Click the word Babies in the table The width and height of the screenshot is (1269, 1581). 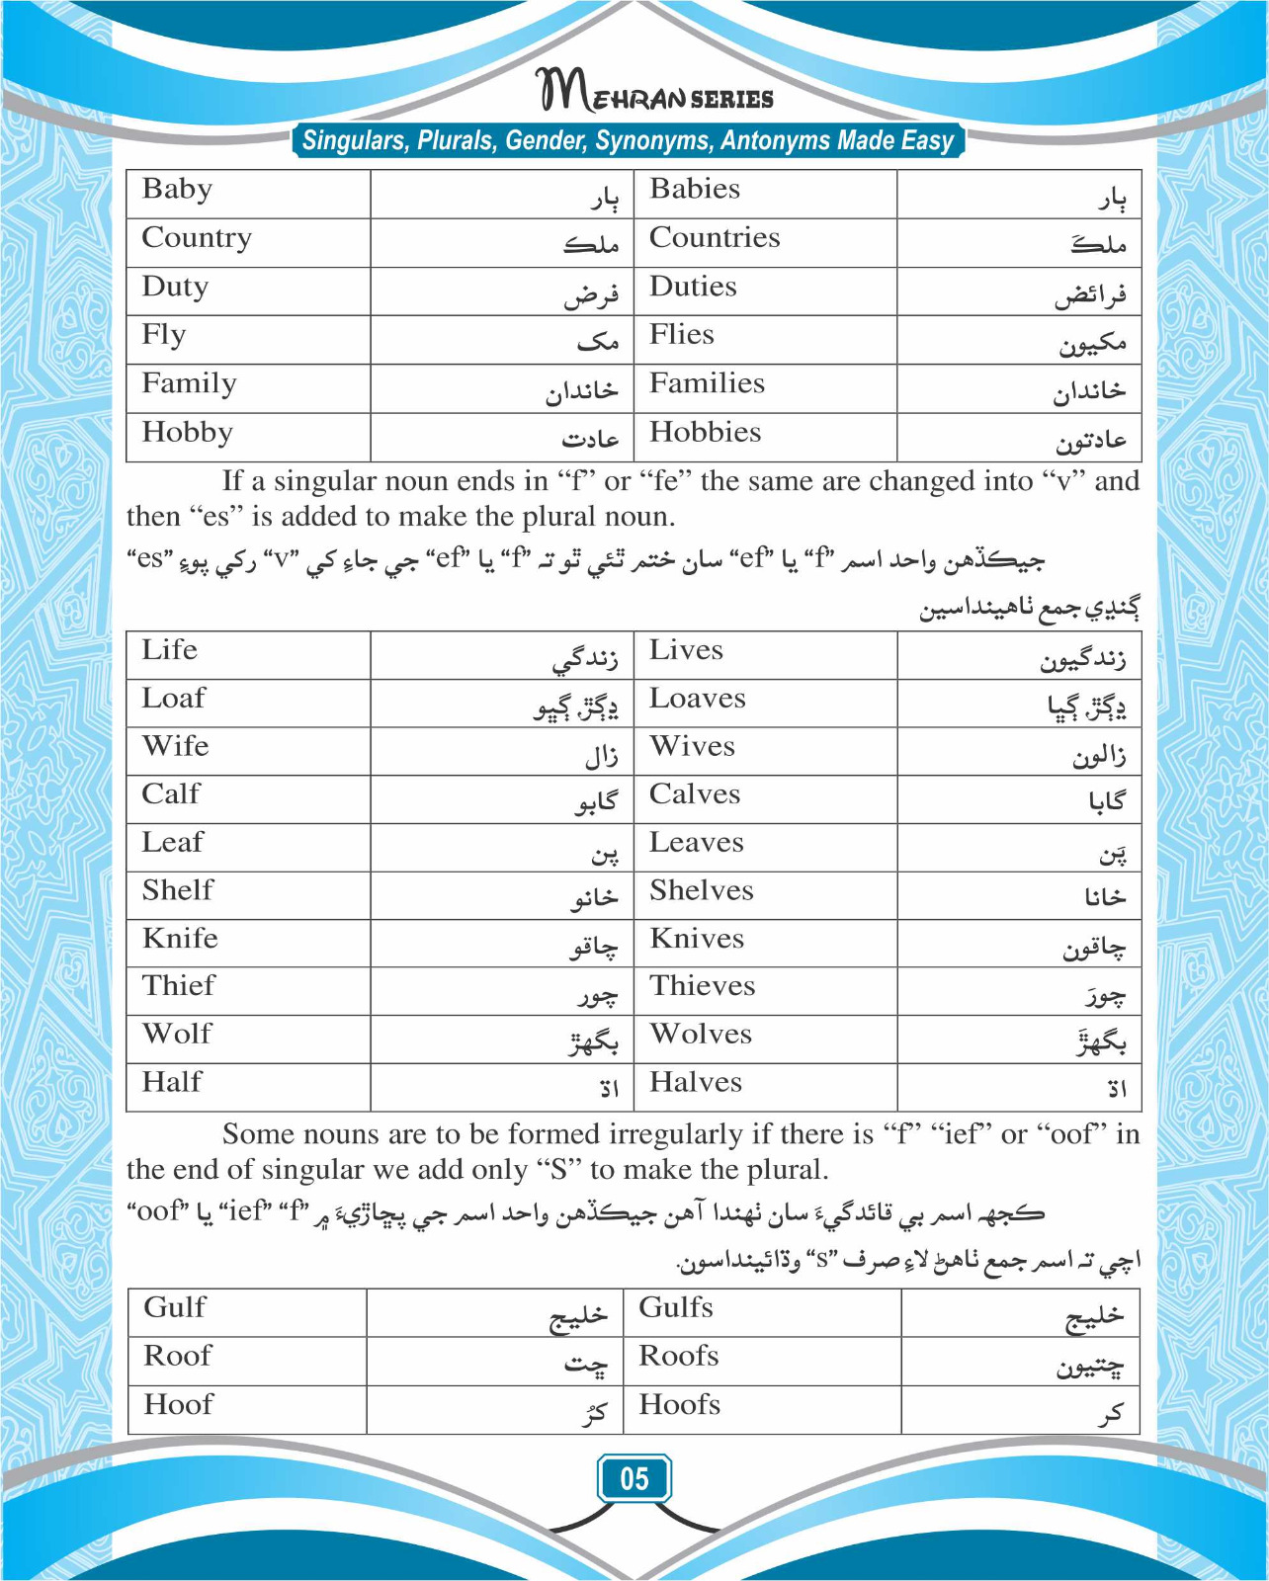click(x=694, y=189)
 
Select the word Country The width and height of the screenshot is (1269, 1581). click(x=197, y=238)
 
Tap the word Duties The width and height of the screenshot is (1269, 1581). click(x=693, y=287)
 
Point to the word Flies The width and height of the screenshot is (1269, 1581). click(x=681, y=335)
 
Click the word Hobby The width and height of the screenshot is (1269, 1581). click(x=187, y=433)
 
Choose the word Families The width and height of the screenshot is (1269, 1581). click(x=707, y=383)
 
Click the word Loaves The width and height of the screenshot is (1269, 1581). click(x=697, y=699)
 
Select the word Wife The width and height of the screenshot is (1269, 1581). click(x=175, y=746)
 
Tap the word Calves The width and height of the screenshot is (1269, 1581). click(x=694, y=794)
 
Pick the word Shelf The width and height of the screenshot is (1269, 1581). click(x=177, y=890)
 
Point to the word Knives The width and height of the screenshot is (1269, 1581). click(x=696, y=939)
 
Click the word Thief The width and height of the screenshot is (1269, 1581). click(x=178, y=986)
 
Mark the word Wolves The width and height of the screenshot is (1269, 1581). click(x=700, y=1035)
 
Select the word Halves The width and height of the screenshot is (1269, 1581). click(x=695, y=1083)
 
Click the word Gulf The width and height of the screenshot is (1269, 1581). click(x=175, y=1307)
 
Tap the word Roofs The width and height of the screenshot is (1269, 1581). click(x=678, y=1356)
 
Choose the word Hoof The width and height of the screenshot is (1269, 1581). click(x=178, y=1404)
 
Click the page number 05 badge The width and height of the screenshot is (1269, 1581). click(x=634, y=1478)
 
